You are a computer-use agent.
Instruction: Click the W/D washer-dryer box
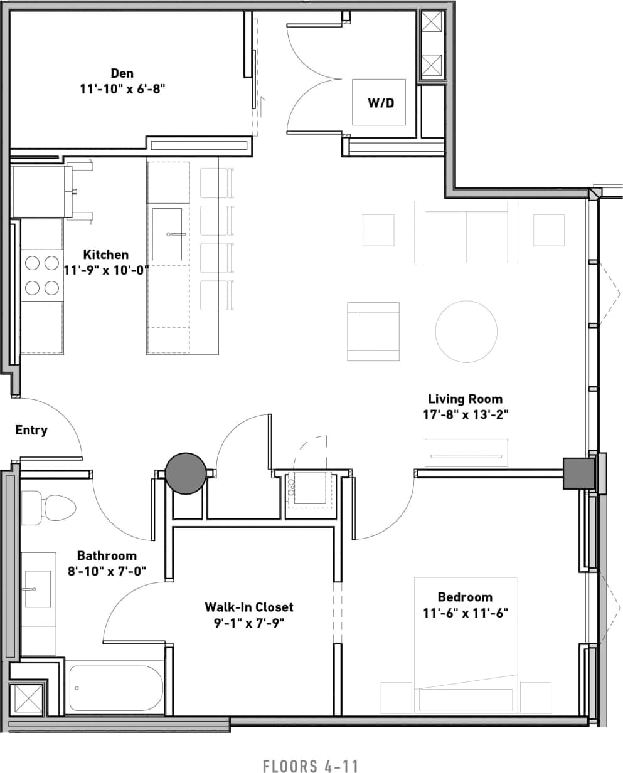pyautogui.click(x=378, y=102)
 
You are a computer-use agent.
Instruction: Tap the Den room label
pyautogui.click(x=122, y=74)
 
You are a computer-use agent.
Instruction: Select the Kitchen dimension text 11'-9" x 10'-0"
pyautogui.click(x=106, y=270)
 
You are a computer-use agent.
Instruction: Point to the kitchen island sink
pyautogui.click(x=167, y=234)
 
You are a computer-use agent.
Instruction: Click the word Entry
pyautogui.click(x=31, y=430)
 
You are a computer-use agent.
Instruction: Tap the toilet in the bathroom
pyautogui.click(x=50, y=507)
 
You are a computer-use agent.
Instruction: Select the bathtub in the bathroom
pyautogui.click(x=115, y=688)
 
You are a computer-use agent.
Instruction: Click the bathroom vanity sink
pyautogui.click(x=38, y=589)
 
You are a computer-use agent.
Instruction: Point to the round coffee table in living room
pyautogui.click(x=466, y=332)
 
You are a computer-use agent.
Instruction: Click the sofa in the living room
pyautogui.click(x=466, y=232)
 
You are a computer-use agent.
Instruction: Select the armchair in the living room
pyautogui.click(x=373, y=332)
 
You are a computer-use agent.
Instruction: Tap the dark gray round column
pyautogui.click(x=186, y=473)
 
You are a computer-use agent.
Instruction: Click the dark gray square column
pyautogui.click(x=578, y=473)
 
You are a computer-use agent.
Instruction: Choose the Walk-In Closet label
pyautogui.click(x=248, y=607)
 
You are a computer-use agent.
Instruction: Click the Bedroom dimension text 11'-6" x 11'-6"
pyautogui.click(x=465, y=613)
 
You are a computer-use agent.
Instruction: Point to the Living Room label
pyautogui.click(x=465, y=399)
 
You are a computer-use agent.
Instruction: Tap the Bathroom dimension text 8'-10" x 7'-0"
pyautogui.click(x=107, y=571)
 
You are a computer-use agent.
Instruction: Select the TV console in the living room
pyautogui.click(x=466, y=453)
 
